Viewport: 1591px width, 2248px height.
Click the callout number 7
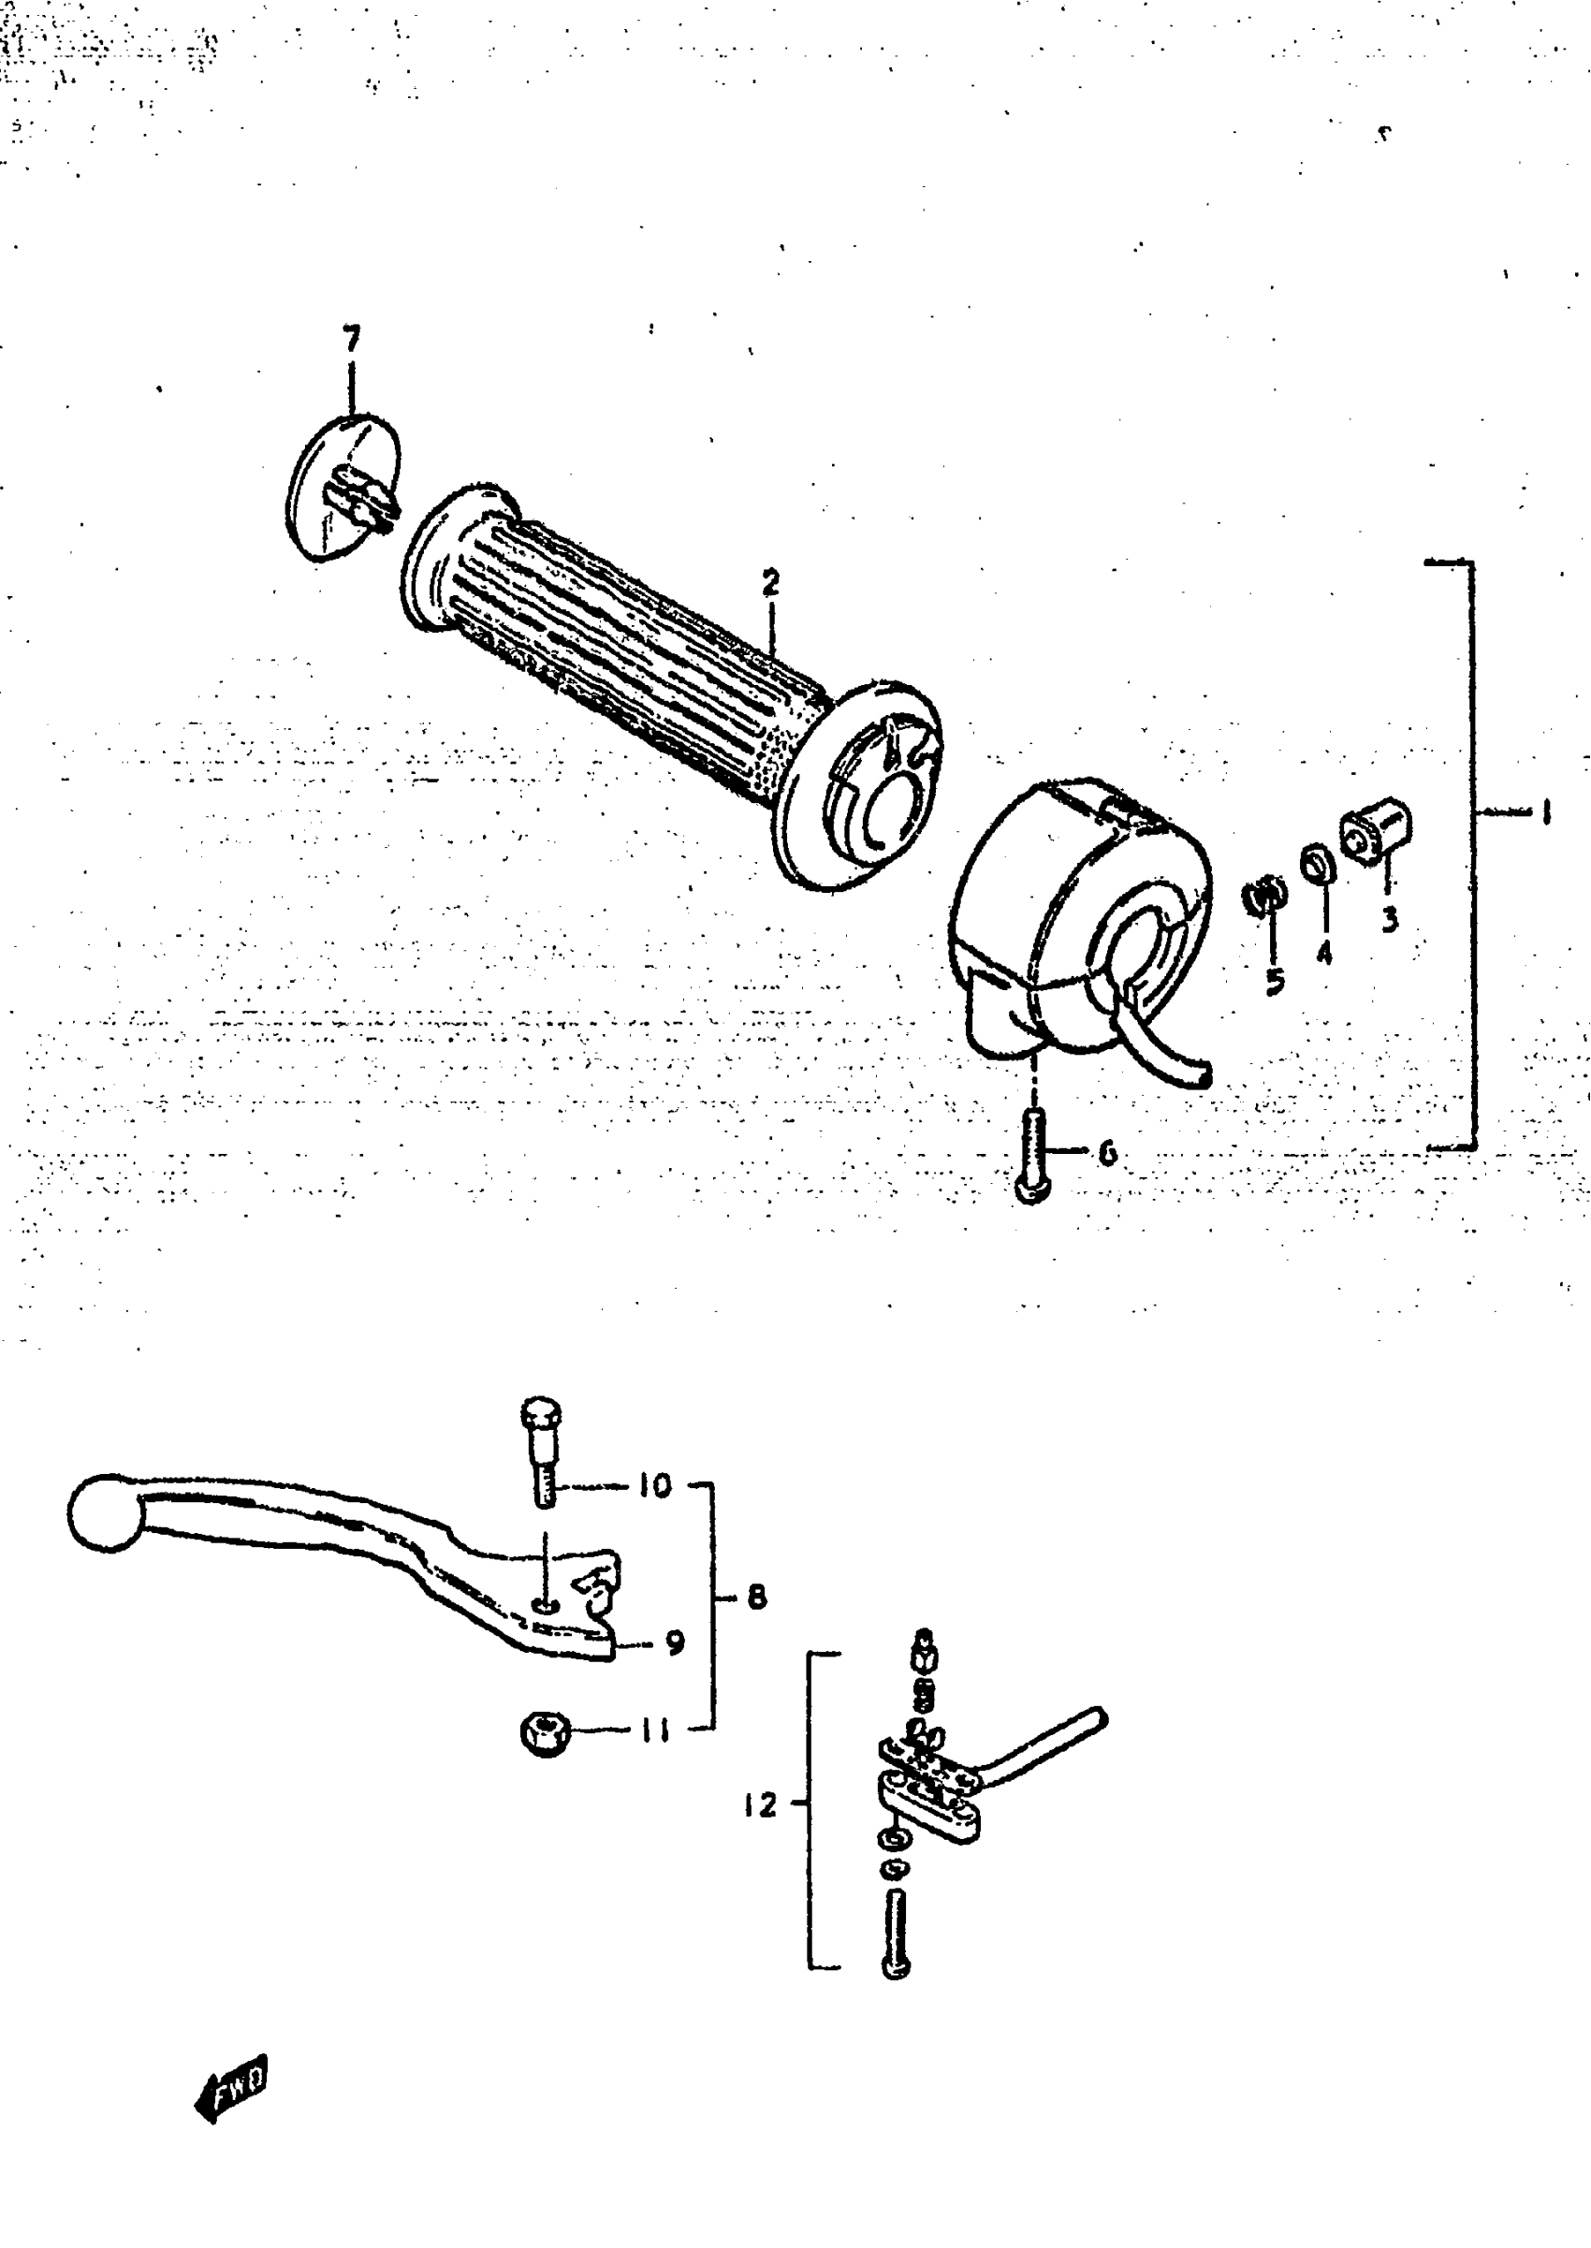pos(352,338)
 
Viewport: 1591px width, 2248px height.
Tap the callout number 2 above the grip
pos(771,582)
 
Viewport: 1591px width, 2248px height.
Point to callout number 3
pos(1389,919)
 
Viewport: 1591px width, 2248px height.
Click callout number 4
pos(1324,951)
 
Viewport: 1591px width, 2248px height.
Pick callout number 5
pos(1274,981)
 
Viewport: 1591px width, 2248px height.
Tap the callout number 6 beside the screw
pos(1107,1153)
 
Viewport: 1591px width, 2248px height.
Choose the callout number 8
pos(756,1597)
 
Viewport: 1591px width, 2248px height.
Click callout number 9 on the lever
pos(674,1642)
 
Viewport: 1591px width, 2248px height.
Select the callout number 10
pos(655,1486)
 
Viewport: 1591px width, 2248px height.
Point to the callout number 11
pos(654,1730)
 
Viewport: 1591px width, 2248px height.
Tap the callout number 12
pos(759,1804)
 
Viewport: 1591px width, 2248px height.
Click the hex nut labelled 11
pos(546,1734)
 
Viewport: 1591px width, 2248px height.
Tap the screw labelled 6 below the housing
pos(1033,1156)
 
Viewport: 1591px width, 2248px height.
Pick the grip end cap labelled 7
pos(343,489)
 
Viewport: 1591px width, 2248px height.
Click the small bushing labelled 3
pos(1375,833)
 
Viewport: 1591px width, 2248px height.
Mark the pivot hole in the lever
pos(545,1603)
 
